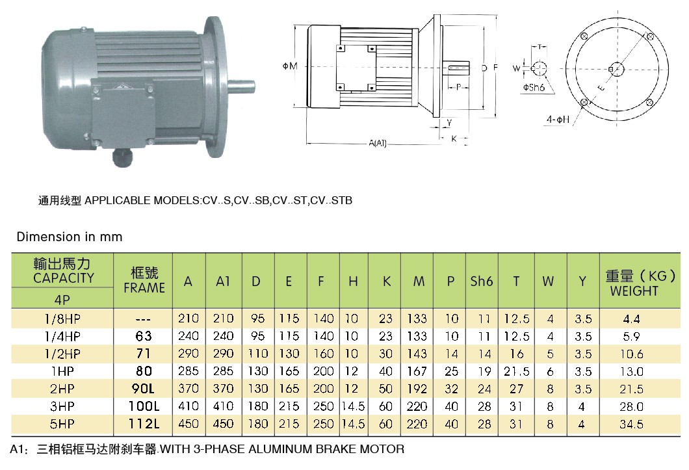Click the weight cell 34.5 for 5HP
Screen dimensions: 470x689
point(632,424)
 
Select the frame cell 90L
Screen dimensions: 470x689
point(144,389)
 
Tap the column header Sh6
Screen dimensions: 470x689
point(482,281)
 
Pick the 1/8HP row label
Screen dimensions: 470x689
point(63,319)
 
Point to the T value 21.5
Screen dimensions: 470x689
point(517,371)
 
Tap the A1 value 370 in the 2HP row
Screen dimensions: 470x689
point(223,389)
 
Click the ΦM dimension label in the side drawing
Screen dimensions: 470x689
point(290,66)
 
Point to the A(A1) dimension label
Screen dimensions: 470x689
point(378,143)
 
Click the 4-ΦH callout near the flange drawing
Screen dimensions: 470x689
point(558,120)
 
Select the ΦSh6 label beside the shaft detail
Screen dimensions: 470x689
point(533,85)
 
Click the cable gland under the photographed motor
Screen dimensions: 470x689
point(122,157)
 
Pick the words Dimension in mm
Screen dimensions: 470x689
point(70,237)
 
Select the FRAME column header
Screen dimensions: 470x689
point(144,281)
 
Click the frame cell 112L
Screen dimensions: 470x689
point(144,424)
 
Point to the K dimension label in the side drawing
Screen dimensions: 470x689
point(454,138)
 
